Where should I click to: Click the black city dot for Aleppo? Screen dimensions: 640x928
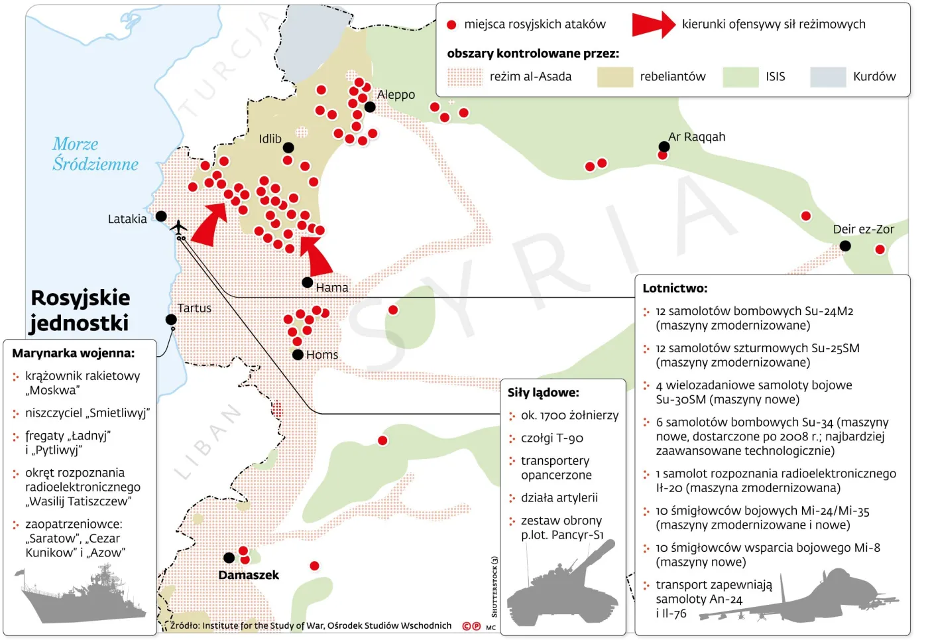point(370,107)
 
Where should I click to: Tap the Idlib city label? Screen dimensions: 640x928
point(270,139)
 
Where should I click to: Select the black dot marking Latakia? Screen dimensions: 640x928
point(161,216)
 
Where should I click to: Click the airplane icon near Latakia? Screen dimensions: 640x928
point(178,227)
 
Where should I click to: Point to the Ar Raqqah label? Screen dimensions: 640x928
point(696,137)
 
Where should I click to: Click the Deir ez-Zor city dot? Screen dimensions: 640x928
point(845,246)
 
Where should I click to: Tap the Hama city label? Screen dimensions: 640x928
point(331,288)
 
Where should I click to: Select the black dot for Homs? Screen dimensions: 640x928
point(298,355)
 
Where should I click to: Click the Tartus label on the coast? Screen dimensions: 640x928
point(194,308)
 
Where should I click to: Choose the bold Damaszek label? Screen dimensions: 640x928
point(249,575)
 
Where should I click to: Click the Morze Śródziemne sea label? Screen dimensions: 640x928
point(95,154)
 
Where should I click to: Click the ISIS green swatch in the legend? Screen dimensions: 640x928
point(740,77)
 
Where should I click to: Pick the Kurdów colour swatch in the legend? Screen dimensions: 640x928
point(828,77)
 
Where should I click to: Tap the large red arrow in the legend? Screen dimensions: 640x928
point(652,25)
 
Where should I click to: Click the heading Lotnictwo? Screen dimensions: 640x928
point(675,288)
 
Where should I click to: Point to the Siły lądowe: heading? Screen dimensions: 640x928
point(543,393)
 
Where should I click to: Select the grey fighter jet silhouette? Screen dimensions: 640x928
point(809,597)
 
